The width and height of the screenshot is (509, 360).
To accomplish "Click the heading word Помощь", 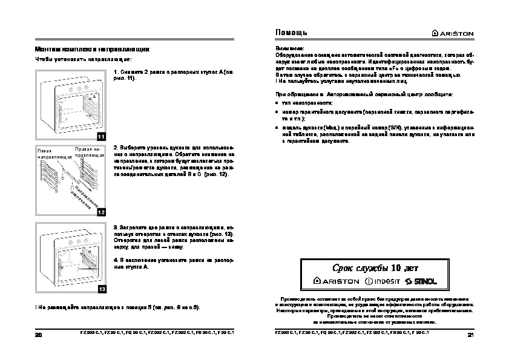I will point(292,31).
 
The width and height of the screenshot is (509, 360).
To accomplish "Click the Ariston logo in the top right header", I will point(452,32).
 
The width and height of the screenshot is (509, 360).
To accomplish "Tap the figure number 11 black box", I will point(101,137).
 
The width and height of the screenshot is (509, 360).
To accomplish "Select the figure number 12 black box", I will point(101,212).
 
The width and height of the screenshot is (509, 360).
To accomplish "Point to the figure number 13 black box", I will point(101,289).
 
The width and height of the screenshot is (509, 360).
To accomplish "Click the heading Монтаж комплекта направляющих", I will point(91,48).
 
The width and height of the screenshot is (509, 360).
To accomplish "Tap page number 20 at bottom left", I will point(39,335).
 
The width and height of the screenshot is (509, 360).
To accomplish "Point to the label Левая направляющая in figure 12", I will point(53,153).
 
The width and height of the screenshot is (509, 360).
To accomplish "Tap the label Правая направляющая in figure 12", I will point(90,151).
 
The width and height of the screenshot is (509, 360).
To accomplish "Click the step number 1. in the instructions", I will point(116,72).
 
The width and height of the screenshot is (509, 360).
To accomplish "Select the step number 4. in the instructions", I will point(116,260).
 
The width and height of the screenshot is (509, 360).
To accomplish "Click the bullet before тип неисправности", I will point(277,104).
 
